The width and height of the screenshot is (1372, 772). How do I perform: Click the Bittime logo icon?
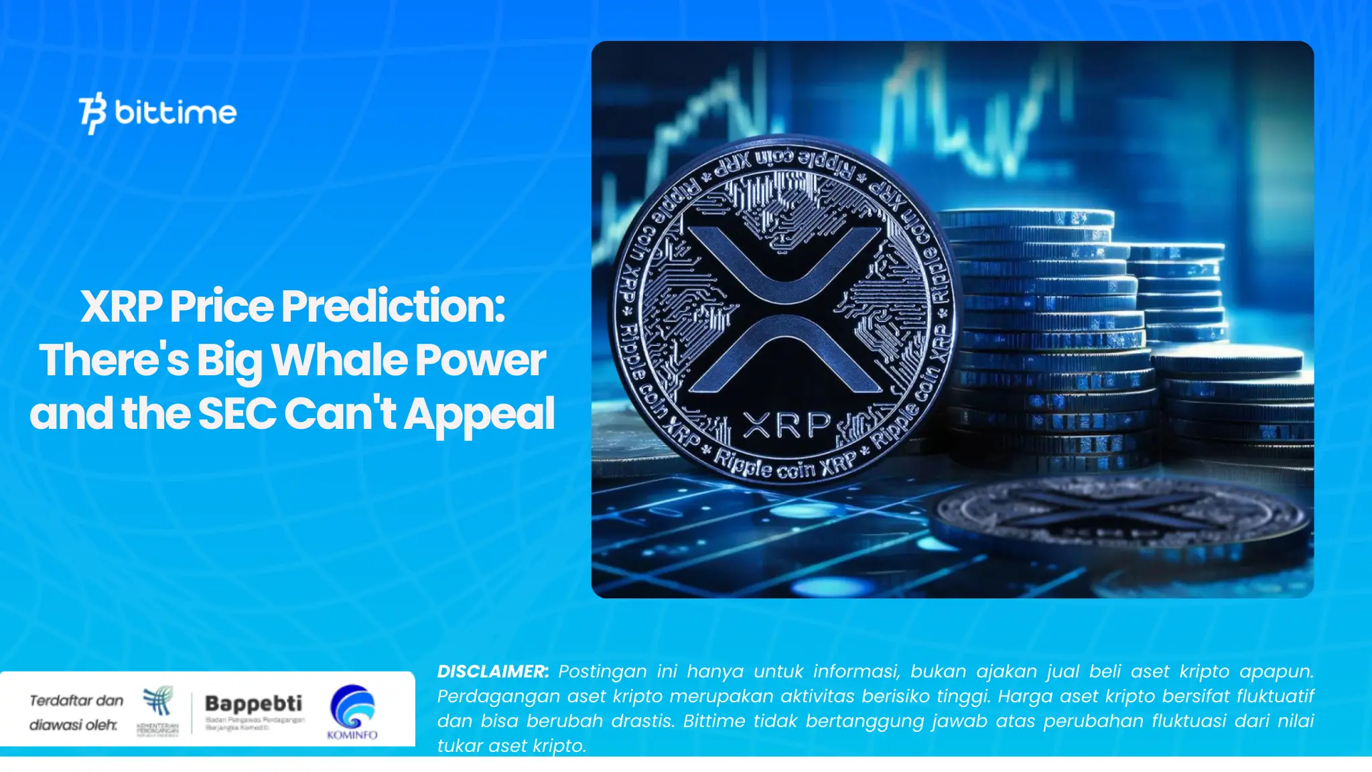click(x=92, y=113)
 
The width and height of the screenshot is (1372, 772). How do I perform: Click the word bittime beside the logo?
click(x=176, y=112)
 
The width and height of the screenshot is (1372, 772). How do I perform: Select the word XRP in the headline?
click(x=121, y=306)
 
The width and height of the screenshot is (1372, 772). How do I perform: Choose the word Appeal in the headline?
click(x=479, y=413)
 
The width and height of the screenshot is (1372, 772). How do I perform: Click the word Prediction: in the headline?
click(x=393, y=306)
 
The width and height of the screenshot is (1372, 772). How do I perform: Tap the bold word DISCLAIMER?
click(x=492, y=671)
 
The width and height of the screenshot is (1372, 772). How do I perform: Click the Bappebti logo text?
click(x=253, y=703)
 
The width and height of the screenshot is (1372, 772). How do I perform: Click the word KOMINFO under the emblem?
click(x=352, y=735)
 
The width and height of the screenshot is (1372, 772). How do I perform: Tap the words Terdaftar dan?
click(x=76, y=700)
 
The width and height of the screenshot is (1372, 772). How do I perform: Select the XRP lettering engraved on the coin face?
click(x=786, y=425)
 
